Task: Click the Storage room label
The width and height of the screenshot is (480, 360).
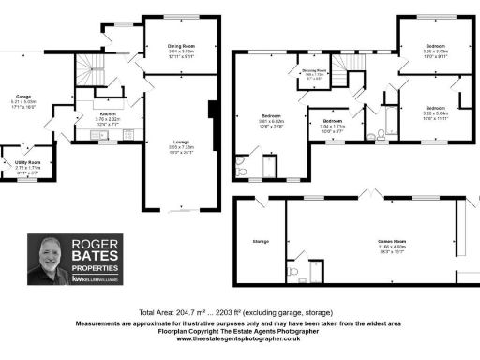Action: (x=262, y=241)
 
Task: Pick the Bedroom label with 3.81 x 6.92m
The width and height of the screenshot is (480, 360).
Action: (x=273, y=117)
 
